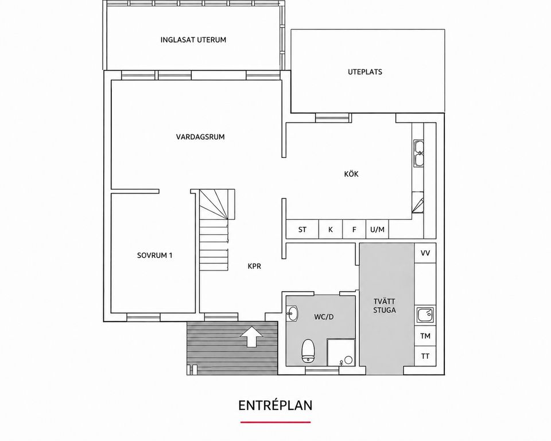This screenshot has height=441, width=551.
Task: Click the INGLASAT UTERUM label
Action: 193,40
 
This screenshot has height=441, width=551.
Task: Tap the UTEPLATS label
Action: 365,72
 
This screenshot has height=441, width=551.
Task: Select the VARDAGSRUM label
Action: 200,137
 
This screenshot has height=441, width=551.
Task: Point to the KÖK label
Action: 351,173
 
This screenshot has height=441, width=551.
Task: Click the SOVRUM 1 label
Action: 154,256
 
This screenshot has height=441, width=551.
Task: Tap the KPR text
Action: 254,266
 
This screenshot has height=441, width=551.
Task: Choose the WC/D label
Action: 324,317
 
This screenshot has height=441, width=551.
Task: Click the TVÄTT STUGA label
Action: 385,305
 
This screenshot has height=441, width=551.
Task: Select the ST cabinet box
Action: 302,230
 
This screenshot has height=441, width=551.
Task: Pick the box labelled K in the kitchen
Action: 331,230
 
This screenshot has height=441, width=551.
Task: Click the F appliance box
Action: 354,230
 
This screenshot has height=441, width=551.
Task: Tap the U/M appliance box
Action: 378,230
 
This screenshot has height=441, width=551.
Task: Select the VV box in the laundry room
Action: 425,253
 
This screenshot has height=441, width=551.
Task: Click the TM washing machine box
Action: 425,336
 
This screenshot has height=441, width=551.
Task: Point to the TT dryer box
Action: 425,356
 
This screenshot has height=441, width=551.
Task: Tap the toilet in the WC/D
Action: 308,351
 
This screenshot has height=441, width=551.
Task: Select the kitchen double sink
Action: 418,153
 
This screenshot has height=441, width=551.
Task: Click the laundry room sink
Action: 425,315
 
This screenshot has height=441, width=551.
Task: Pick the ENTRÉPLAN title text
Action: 275,405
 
